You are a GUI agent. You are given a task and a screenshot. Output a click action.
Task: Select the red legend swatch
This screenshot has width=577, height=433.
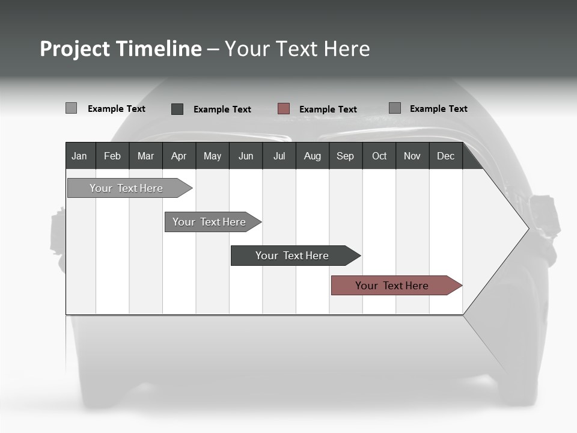[x=284, y=109]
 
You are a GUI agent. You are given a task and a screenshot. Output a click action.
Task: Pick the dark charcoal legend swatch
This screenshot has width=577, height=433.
[x=177, y=109]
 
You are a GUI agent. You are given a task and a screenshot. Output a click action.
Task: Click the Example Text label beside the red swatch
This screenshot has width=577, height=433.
[x=328, y=109]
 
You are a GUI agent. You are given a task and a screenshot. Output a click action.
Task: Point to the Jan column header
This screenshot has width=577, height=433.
[x=79, y=156]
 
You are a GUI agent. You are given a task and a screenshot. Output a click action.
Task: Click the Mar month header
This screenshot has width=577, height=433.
[x=145, y=156]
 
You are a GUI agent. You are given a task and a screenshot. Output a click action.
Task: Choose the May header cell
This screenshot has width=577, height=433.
[x=212, y=156]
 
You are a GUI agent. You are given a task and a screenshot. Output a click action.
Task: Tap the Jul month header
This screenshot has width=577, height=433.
[x=279, y=156]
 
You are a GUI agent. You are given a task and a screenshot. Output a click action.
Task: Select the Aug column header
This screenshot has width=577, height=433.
[x=312, y=156]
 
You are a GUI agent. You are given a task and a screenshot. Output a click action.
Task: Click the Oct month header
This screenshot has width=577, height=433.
[x=379, y=156]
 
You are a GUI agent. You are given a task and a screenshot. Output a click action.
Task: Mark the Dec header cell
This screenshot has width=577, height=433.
[x=445, y=156]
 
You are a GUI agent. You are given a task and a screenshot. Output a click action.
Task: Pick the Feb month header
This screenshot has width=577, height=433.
[x=112, y=156]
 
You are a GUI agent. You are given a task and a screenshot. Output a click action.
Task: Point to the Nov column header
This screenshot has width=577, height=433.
[x=412, y=156]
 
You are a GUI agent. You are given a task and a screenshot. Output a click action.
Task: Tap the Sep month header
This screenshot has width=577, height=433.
[x=345, y=156]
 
